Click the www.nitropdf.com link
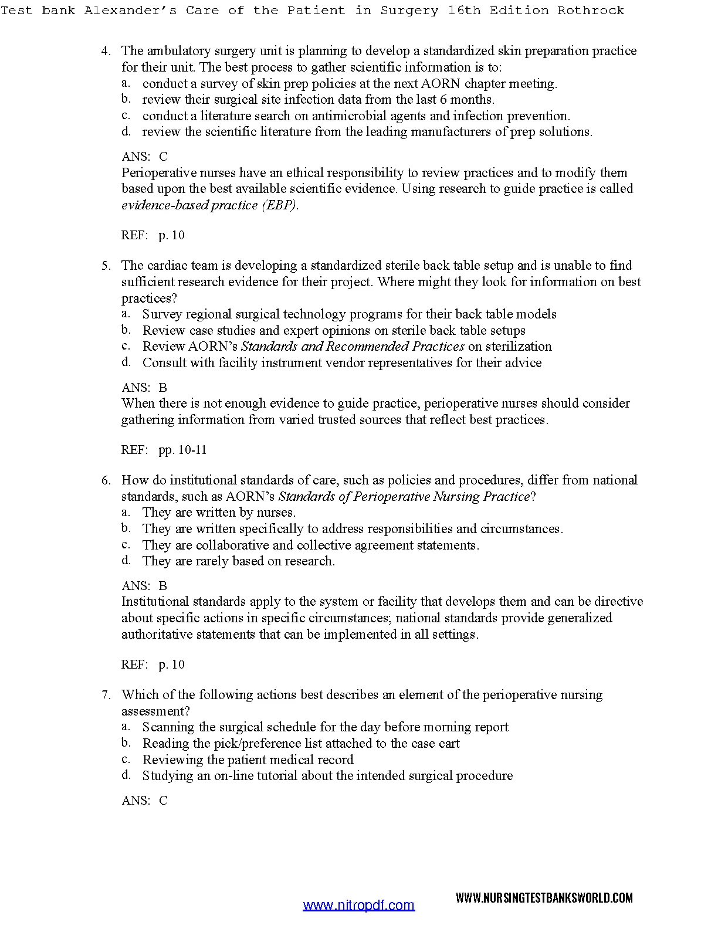(x=358, y=905)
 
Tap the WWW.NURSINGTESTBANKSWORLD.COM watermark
(x=544, y=898)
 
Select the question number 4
(x=106, y=51)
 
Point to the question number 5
(x=106, y=266)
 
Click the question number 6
(x=106, y=480)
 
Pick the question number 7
(x=106, y=695)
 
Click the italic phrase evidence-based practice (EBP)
(x=210, y=205)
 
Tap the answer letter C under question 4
(x=163, y=157)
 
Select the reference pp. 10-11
(x=182, y=450)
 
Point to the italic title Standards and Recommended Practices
(x=353, y=347)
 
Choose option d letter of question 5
(x=126, y=362)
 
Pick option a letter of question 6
(x=126, y=513)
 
